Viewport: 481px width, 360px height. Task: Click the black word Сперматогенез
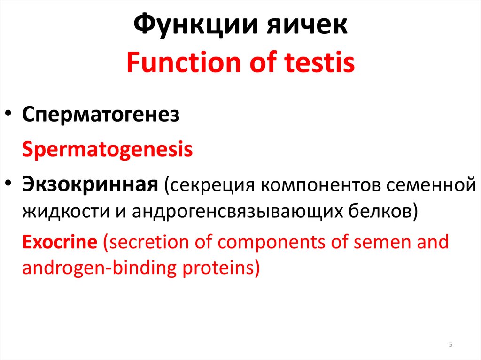[x=101, y=115]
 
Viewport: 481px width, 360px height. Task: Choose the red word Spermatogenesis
[x=108, y=149]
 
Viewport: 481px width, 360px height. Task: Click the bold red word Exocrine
[x=60, y=242]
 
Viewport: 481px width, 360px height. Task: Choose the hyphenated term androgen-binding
[x=98, y=269]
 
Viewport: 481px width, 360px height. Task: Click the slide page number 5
[x=451, y=345]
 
